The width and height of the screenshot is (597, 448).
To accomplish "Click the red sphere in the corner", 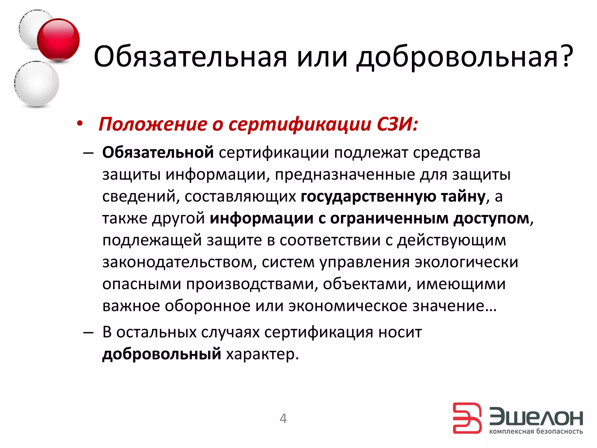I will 58,39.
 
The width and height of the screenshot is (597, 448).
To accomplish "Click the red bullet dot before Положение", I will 80,124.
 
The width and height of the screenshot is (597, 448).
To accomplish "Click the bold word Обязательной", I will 158,153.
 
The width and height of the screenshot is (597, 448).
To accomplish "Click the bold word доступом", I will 491,218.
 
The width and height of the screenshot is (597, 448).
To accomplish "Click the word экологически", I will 466,262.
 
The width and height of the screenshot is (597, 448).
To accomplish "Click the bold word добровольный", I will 161,354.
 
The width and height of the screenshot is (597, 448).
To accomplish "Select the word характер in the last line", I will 262,354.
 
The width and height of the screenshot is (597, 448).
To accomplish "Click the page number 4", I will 283,419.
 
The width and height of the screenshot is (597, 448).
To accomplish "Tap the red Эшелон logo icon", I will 467,418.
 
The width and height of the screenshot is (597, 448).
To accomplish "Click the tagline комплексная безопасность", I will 536,431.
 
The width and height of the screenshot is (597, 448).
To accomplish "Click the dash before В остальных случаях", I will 88,332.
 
